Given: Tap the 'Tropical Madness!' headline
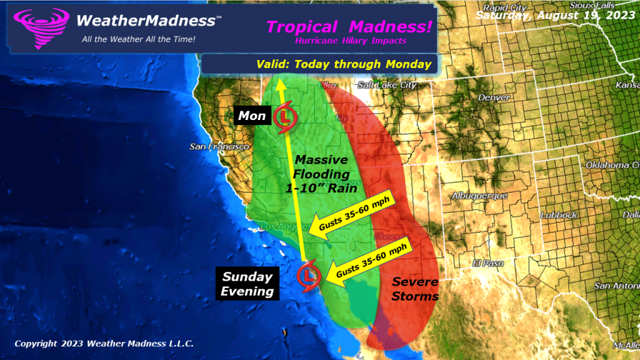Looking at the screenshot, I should (x=349, y=27).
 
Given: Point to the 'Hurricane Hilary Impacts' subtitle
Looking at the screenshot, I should (x=351, y=41).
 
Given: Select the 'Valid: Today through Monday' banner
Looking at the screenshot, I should (x=344, y=64).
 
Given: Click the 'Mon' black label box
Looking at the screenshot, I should (x=252, y=116).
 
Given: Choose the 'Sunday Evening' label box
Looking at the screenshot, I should (x=248, y=284).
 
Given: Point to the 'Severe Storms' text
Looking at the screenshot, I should (x=415, y=289).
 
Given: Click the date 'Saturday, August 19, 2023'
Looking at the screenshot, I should (x=556, y=15).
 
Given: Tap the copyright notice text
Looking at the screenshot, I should (x=104, y=343).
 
